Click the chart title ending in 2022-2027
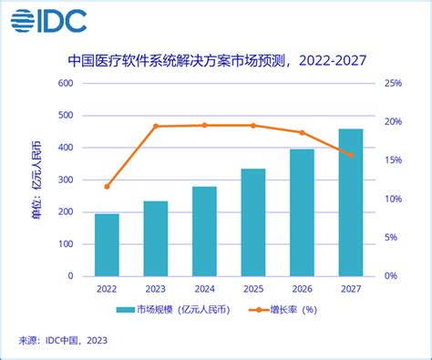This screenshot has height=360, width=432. (215, 62)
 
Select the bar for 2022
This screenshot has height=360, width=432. (107, 244)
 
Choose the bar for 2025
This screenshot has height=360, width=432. (253, 221)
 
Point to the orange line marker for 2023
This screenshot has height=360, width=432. (156, 126)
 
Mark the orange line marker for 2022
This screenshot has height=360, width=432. (107, 186)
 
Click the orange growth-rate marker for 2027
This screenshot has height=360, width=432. (351, 155)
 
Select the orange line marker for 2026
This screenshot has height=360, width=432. (302, 132)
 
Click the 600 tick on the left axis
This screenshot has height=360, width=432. (65, 84)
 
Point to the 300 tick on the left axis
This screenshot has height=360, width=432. (65, 180)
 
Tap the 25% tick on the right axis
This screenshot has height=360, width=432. (391, 84)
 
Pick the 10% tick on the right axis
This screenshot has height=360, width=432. (391, 199)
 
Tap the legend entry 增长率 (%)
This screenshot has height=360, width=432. (292, 311)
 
